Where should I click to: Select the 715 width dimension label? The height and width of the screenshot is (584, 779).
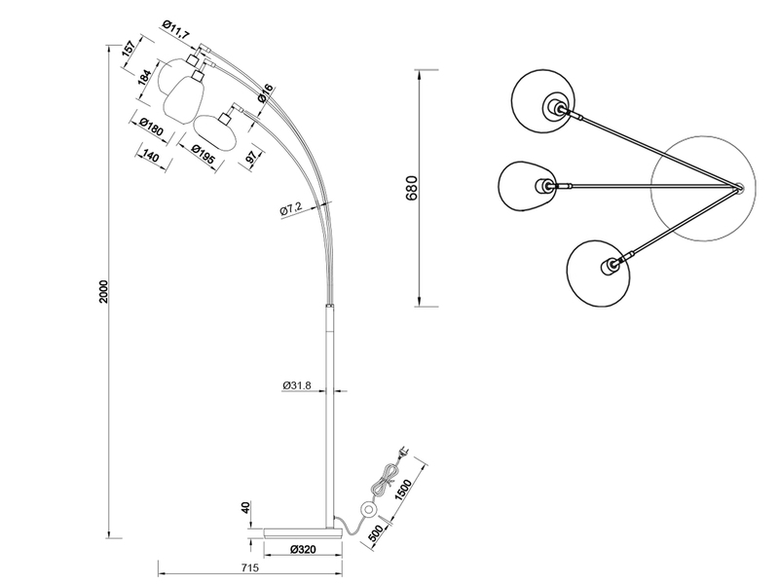click(248, 566)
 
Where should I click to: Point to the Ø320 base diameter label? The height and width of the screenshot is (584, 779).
click(302, 549)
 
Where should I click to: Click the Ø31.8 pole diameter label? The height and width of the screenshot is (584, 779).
click(296, 385)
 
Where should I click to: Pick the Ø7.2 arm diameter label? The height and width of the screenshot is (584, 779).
click(293, 210)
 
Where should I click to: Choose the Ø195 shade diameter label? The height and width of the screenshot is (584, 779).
click(203, 154)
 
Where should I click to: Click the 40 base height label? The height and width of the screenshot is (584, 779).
click(244, 509)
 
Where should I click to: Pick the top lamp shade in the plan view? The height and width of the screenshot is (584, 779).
click(545, 102)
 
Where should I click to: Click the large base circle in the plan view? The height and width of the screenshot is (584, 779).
click(701, 185)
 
